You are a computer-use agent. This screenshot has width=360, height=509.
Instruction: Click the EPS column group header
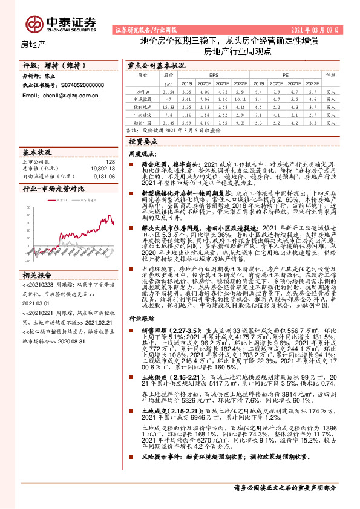(x=214, y=75)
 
